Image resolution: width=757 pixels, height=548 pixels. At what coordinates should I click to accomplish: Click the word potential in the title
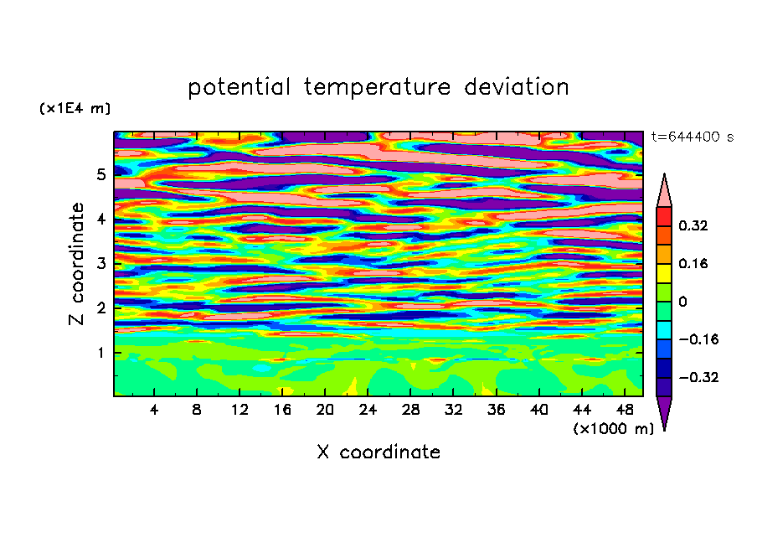[239, 88]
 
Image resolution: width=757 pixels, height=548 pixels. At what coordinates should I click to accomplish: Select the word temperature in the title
[378, 88]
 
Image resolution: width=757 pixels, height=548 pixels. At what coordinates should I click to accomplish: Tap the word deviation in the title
[517, 87]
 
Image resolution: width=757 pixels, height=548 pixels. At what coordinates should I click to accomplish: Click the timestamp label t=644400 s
[693, 137]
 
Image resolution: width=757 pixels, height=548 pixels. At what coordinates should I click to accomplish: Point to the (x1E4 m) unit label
[75, 109]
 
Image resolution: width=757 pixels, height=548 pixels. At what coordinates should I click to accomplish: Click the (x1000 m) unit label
[613, 429]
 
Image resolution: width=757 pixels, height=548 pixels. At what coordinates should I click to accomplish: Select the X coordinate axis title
[378, 452]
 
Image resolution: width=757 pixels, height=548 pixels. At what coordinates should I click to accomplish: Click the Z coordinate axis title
[77, 264]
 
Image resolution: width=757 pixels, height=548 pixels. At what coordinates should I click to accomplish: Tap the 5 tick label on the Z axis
[100, 174]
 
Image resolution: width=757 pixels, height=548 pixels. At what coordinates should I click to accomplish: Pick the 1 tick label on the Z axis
[100, 353]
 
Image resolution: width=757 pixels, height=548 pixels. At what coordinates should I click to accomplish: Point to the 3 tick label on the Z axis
[100, 264]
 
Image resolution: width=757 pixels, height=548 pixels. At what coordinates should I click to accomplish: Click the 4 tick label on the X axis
[154, 410]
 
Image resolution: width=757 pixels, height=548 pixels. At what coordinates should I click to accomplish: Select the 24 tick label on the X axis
[368, 410]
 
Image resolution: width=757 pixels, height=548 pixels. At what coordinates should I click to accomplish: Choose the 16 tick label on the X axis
[282, 410]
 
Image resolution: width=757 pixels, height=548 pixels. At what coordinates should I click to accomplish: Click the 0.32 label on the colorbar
[693, 225]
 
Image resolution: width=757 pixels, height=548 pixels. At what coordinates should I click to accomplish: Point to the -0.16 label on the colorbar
[698, 339]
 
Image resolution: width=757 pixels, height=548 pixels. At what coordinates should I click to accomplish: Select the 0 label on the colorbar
[682, 302]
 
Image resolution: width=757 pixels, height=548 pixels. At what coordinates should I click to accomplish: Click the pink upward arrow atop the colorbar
[664, 190]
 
